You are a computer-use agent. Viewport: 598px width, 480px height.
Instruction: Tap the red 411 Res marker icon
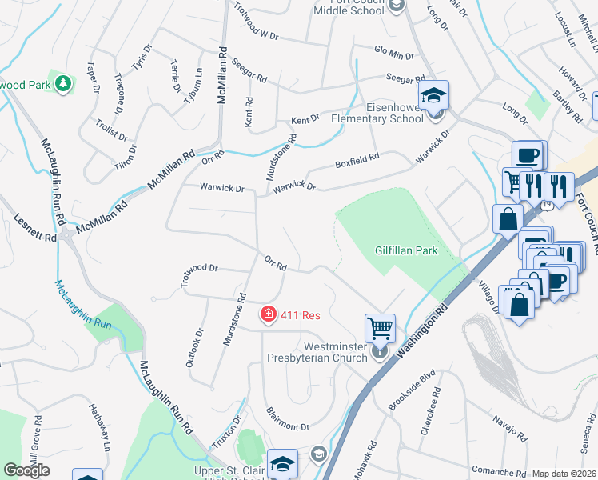point(269,315)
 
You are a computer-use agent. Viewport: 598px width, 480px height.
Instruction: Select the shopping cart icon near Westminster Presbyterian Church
point(379,327)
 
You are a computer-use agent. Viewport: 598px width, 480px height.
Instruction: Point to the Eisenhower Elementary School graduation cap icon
point(435,97)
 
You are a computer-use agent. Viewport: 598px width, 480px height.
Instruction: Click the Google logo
point(26,470)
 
